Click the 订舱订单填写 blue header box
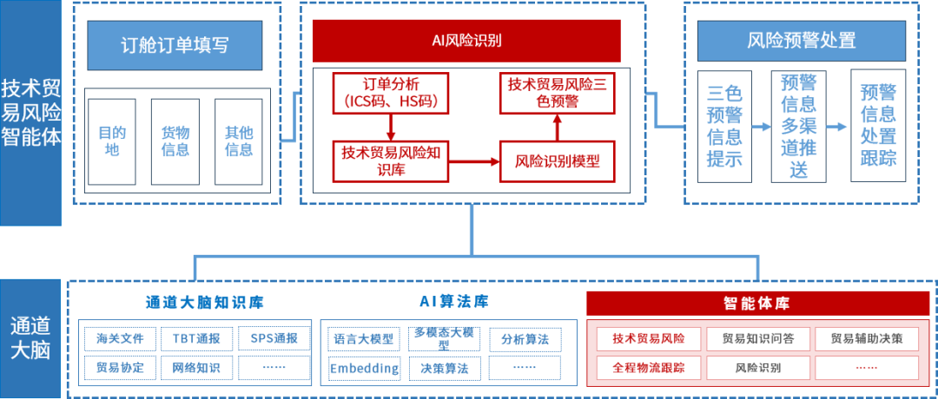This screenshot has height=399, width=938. point(175,45)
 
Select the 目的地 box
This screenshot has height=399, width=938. point(112,141)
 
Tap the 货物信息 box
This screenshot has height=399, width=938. point(175,141)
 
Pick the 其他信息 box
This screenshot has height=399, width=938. point(239,141)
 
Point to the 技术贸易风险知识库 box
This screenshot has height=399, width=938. point(391,160)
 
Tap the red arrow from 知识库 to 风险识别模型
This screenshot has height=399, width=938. point(474,160)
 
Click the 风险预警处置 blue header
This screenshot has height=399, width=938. point(801,40)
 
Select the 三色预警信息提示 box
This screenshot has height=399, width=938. point(724,126)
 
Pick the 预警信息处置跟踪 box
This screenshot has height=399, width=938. point(878,126)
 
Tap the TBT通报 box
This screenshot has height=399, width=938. point(196,337)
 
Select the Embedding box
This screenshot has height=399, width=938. point(364,368)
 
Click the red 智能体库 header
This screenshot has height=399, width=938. point(757,304)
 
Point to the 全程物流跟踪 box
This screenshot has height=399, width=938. point(649,368)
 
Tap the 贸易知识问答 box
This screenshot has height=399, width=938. point(758,337)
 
